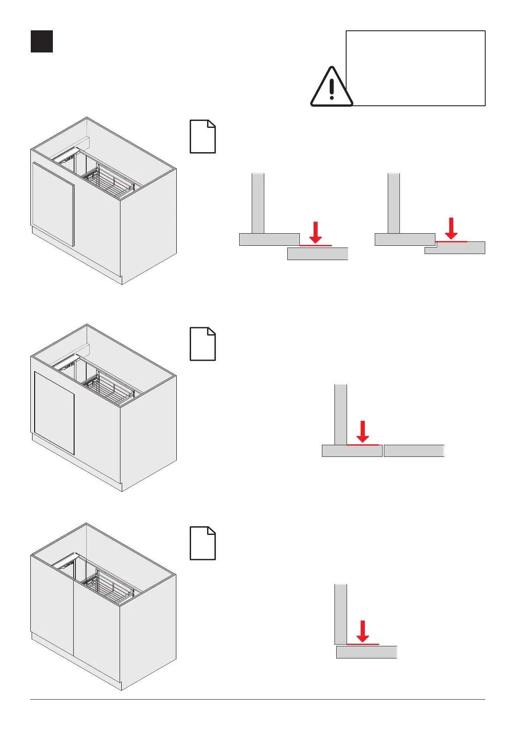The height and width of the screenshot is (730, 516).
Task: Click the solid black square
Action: [42, 42]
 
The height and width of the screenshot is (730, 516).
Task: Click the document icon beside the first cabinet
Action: [203, 137]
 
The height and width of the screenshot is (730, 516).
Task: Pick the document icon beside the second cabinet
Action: [203, 344]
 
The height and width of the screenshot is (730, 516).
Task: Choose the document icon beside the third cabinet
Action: [203, 543]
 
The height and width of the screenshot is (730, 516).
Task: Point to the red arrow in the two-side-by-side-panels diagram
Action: [363, 431]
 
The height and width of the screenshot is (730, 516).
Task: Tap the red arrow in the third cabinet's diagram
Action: [363, 631]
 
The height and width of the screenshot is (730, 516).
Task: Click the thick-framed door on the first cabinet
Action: [53, 204]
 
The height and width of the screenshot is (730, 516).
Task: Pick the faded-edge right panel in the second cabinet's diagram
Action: [414, 451]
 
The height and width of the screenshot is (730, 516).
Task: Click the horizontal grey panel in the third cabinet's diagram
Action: [367, 652]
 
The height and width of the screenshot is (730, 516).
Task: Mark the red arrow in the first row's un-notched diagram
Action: [316, 232]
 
